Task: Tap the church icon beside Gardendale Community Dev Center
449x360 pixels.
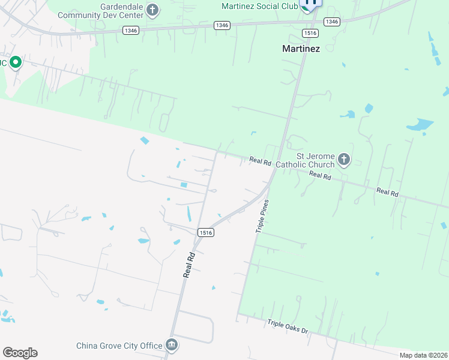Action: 152,10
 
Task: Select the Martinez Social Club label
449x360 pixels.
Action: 260,7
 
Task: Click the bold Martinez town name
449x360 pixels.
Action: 301,49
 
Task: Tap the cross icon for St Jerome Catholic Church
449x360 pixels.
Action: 343,160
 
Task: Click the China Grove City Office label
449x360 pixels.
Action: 119,346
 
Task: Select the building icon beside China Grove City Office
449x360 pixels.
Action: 172,345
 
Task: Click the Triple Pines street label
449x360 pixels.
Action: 261,217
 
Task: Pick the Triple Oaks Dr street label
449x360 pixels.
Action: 288,326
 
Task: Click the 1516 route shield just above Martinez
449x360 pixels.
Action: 310,33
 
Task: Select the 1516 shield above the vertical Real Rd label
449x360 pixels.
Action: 206,232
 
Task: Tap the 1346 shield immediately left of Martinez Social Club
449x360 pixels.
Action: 222,25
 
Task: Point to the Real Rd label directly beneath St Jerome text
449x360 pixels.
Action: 320,176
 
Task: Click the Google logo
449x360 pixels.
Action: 20,352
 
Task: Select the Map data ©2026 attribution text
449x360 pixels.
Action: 422,355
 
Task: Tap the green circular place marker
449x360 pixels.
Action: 15,62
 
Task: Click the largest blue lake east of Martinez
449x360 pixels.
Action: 421,125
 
